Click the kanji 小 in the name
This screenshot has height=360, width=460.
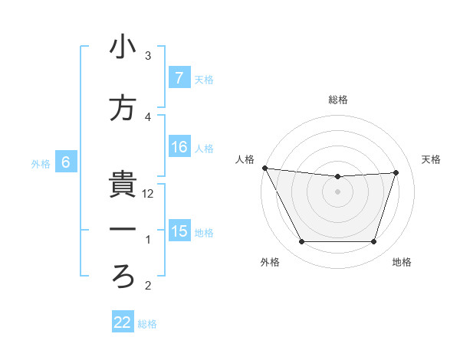[123, 47]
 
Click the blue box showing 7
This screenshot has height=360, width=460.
[179, 78]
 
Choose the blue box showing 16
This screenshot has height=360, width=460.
[179, 147]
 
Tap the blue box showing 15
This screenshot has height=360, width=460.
[179, 231]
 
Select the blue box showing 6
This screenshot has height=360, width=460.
[66, 162]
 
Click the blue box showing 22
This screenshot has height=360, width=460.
[123, 323]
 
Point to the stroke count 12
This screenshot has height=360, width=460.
[149, 194]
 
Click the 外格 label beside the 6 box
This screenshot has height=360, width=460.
[41, 163]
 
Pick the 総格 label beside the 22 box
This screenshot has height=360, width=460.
[147, 324]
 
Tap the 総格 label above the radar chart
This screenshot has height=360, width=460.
[337, 100]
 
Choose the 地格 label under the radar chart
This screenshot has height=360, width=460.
[402, 262]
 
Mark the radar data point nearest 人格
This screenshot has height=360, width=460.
[264, 168]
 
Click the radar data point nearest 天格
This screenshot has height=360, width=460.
[396, 172]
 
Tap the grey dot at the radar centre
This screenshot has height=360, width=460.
[337, 191]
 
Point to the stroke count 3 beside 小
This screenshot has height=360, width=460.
[148, 56]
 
